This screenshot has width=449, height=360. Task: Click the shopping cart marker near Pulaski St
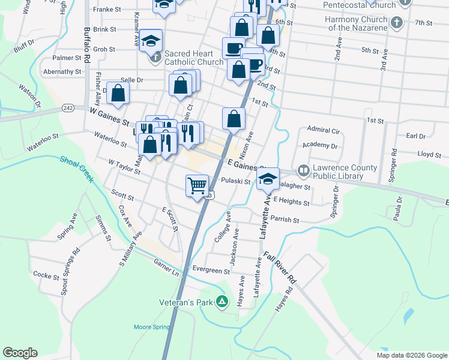tap(197, 185)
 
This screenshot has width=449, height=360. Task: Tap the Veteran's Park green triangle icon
tap(222, 301)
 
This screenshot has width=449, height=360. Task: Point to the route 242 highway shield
tap(68, 108)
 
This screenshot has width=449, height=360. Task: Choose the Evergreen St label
tap(211, 270)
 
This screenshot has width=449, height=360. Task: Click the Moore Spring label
tap(151, 327)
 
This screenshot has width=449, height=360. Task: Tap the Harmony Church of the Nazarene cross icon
tap(396, 23)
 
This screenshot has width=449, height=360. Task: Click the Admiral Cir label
tap(323, 130)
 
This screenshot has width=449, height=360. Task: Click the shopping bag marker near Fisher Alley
tap(119, 94)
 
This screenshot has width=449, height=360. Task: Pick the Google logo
tap(20, 353)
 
